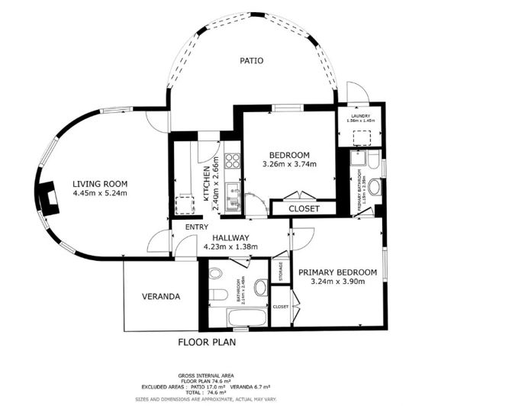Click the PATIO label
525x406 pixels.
[252, 60]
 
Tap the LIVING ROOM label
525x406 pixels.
[100, 184]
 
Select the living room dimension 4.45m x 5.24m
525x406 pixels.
[100, 193]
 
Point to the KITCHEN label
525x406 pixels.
[205, 185]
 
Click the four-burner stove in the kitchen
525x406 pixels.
[232, 161]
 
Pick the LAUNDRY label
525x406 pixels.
[360, 115]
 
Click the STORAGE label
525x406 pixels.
[281, 272]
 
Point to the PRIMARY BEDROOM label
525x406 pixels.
[337, 272]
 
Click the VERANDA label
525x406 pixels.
[161, 296]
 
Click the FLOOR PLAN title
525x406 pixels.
[207, 343]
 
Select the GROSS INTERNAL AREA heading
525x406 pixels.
[206, 375]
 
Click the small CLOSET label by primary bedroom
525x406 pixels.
[280, 306]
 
